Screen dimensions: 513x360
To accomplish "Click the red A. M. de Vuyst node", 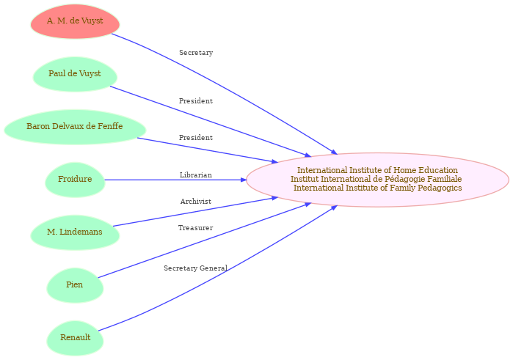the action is coord(75,21).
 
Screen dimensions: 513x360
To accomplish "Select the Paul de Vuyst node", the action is coord(75,74).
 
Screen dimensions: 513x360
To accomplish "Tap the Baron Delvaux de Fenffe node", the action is coord(75,127).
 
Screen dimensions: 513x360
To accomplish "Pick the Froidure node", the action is coord(75,180).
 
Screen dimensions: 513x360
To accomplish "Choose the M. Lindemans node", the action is coord(75,232).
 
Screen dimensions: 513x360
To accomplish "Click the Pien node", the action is coord(75,285).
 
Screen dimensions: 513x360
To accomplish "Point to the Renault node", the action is coord(75,338).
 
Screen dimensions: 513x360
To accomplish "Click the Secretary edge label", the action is coord(196,53).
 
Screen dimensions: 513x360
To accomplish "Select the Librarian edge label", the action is coord(196,175).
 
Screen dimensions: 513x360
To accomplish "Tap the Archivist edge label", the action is coord(196,202).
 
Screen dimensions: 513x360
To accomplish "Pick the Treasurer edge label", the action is coord(196,228).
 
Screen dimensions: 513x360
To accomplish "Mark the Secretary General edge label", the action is coord(196,268).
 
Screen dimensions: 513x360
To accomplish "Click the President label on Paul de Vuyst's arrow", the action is coord(196,101).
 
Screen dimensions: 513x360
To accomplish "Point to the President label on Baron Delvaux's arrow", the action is coord(196,138).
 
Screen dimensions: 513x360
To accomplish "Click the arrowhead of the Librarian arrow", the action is coord(243,180).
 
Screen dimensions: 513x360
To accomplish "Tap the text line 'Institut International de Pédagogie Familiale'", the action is coord(376,179).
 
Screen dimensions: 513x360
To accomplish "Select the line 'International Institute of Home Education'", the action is coord(377,170).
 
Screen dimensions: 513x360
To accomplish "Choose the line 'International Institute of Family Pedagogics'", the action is coord(377,188).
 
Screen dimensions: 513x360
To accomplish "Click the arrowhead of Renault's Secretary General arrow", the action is coord(334,207).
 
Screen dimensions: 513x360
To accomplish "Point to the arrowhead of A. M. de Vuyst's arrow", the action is coord(334,152).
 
